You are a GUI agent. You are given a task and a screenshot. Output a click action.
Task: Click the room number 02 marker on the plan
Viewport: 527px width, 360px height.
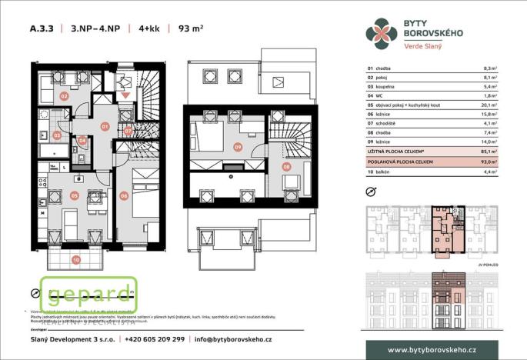(x=65, y=96)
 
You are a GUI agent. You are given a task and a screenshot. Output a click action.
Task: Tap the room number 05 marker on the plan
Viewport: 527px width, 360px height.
(x=75, y=195)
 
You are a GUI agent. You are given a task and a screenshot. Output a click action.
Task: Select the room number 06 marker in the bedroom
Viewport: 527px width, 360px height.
(x=124, y=195)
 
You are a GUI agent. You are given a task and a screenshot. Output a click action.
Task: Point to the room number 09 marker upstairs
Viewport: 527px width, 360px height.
(x=238, y=146)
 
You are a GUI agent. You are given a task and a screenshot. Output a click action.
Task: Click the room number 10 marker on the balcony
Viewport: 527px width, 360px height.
(x=75, y=259)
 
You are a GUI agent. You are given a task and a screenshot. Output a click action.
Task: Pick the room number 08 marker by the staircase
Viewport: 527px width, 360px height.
(x=286, y=165)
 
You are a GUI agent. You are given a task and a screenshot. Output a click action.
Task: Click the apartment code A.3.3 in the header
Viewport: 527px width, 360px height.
(x=42, y=29)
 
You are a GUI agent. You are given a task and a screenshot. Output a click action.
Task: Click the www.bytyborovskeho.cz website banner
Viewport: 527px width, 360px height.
(x=431, y=350)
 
